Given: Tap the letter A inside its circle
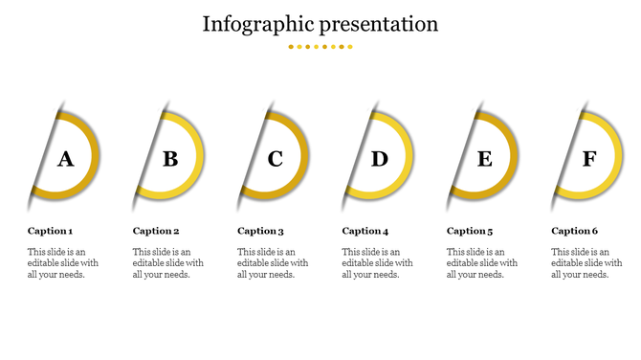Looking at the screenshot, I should click(x=65, y=159).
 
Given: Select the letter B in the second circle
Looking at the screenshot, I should click(x=170, y=159).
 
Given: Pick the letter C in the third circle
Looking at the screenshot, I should click(x=276, y=159).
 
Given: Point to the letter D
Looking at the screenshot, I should click(x=380, y=159).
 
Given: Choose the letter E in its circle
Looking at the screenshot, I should click(x=485, y=159).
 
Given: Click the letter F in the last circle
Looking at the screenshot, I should click(x=589, y=159).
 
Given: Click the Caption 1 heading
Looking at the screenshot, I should click(x=50, y=231).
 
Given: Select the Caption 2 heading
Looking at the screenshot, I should click(x=155, y=231).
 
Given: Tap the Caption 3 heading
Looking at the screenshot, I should click(x=260, y=231).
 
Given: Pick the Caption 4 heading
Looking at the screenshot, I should click(x=365, y=231).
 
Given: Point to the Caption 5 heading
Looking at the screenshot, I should click(x=470, y=231).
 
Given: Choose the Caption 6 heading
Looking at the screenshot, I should click(x=574, y=231).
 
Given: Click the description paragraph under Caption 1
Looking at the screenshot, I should click(x=62, y=262).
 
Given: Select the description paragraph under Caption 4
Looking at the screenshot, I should click(x=377, y=262).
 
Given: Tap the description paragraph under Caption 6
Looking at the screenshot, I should click(x=586, y=262).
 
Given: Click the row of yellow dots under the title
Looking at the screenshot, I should click(x=320, y=46).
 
